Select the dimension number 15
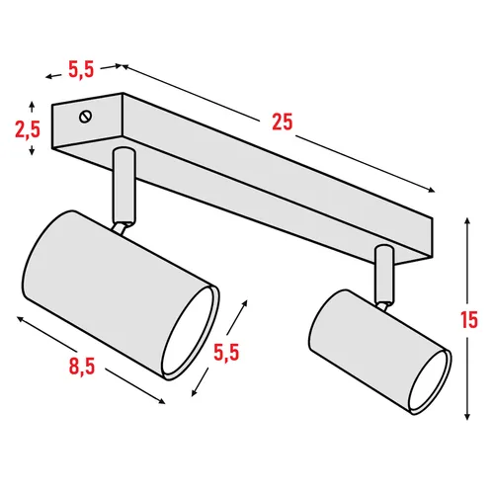click(x=469, y=319)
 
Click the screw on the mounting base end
click(x=87, y=117)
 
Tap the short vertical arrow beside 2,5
click(x=36, y=128)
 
